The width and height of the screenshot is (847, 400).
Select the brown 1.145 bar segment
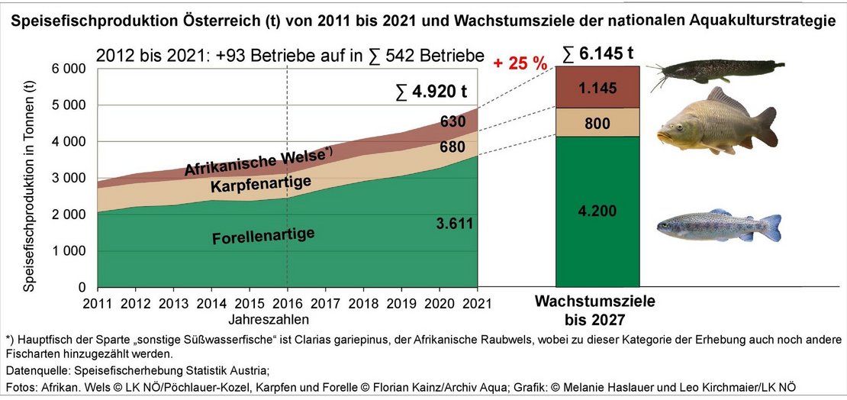597,88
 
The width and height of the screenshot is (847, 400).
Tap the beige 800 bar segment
597,122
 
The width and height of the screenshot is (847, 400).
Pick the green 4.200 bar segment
597,211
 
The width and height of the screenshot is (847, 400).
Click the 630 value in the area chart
453,120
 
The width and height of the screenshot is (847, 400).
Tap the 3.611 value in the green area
456,223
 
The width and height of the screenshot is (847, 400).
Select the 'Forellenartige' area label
253,236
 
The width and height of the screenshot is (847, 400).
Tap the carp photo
717,122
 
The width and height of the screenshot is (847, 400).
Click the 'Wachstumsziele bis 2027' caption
595,309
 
